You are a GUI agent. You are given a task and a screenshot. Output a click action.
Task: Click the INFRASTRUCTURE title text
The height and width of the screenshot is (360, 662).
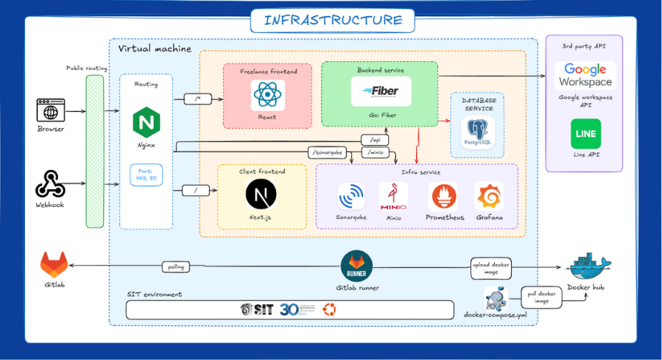click(333, 20)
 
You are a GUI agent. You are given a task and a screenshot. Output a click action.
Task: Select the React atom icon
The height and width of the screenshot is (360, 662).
click(267, 96)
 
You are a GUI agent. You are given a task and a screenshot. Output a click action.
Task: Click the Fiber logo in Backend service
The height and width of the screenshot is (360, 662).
click(380, 91)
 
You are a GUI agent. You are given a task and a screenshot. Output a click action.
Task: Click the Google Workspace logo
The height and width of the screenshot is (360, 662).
click(585, 75)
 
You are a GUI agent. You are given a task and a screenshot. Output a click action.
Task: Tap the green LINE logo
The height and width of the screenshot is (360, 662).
click(585, 133)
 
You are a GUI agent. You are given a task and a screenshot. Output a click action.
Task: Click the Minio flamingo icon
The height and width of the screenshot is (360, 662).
click(393, 197)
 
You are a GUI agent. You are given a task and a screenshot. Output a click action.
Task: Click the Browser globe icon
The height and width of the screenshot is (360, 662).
click(51, 111)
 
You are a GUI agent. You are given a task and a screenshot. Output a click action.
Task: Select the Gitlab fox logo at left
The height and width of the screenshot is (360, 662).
click(52, 264)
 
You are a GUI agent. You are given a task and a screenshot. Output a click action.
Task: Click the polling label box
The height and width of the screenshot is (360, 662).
click(176, 267)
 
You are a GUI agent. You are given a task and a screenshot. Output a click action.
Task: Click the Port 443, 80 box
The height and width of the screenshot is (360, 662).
click(145, 175)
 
